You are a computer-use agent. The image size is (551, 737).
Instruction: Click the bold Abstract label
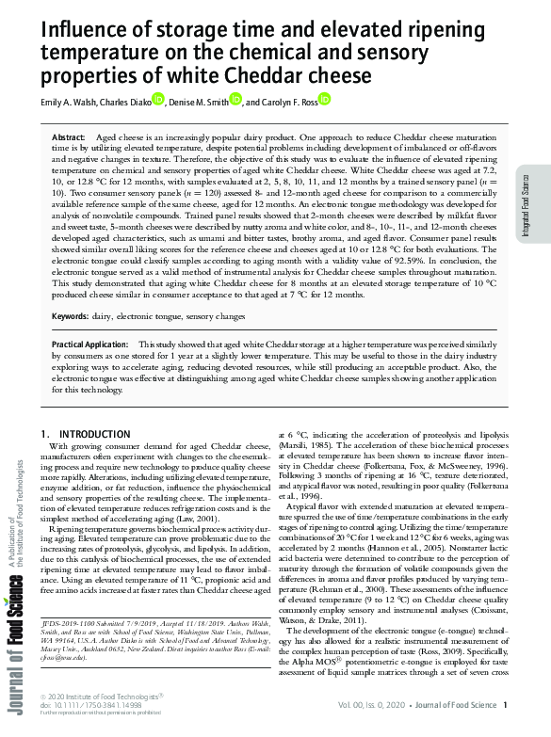click(69, 137)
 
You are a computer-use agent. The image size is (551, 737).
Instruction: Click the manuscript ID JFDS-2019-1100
click(80, 648)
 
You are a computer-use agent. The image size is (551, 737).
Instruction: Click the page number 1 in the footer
click(505, 705)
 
